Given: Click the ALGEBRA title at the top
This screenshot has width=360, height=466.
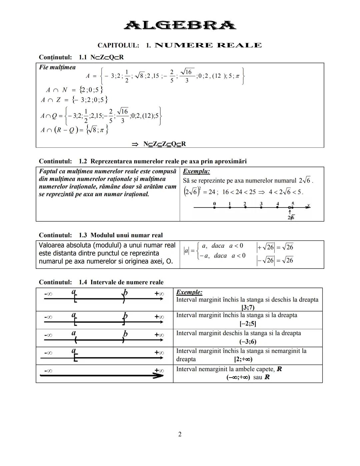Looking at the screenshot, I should (180, 25).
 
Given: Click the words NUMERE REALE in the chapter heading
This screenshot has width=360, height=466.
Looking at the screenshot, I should (208, 45).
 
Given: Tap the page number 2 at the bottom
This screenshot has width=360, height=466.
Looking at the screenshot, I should (180, 434).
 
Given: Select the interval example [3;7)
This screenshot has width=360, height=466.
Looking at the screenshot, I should (248, 307).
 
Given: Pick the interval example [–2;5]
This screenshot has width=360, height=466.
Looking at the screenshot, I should (248, 324).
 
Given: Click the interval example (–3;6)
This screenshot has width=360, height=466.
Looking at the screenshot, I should (248, 342).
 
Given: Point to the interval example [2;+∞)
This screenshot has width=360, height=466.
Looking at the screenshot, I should (243, 359).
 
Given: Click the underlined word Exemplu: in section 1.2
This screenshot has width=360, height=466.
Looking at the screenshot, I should (196, 171).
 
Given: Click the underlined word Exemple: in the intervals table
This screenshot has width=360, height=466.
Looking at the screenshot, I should (189, 292).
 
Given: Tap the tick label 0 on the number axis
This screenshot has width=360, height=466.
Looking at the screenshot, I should (214, 203).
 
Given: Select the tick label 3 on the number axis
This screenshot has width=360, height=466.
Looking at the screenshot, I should (261, 203).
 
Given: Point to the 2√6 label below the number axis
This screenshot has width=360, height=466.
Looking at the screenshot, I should (291, 217).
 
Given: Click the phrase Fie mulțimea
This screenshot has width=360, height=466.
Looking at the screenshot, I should (57, 67).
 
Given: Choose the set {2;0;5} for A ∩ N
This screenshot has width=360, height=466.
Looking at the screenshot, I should (91, 90).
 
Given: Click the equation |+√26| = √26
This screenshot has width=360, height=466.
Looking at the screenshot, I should (275, 247).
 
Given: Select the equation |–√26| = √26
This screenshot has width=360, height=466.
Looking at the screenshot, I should (275, 260).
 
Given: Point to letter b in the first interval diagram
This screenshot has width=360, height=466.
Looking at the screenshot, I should (125, 293).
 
